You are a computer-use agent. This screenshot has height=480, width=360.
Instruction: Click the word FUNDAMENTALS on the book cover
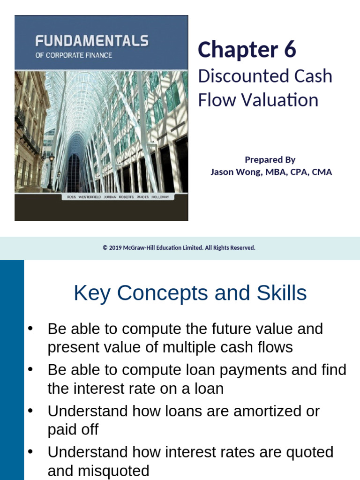(x=92, y=41)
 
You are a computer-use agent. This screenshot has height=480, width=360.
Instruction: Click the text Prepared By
(x=270, y=159)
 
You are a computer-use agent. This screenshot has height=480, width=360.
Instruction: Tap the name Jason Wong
(x=233, y=172)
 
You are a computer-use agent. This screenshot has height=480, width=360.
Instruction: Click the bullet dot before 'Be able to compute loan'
(x=31, y=370)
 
